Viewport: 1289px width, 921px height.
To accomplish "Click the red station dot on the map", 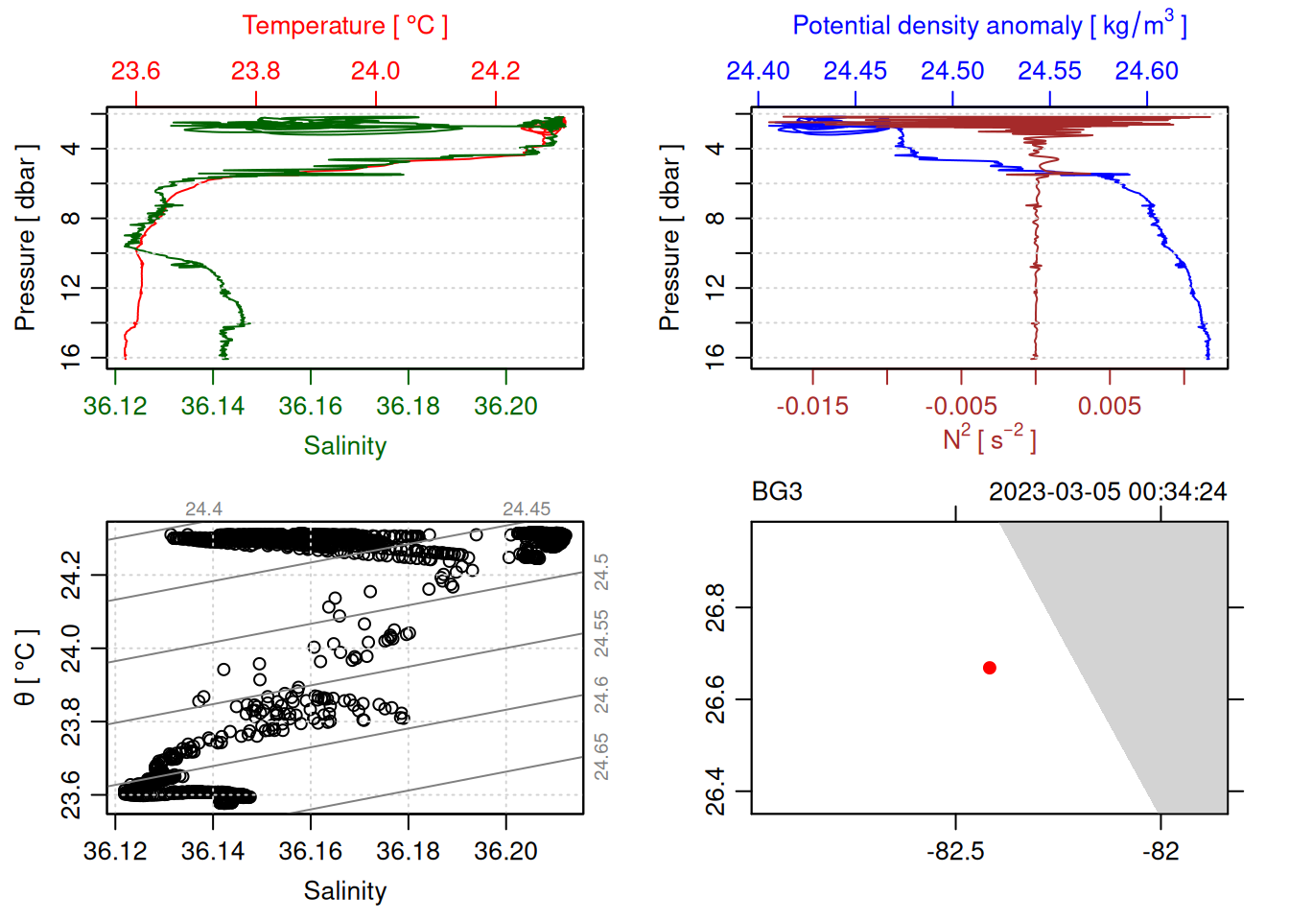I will pos(989,668).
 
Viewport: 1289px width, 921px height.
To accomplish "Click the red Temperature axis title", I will pos(344,26).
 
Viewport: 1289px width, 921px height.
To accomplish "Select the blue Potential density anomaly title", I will pos(989,26).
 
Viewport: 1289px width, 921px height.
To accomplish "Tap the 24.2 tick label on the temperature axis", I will pos(495,71).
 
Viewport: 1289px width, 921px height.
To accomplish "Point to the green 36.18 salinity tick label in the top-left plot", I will pos(408,406).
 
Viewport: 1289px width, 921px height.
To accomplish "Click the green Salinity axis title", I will pos(344,446).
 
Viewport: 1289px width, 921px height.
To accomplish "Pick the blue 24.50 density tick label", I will pos(952,71).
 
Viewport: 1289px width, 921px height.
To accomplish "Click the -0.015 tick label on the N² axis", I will pos(812,406).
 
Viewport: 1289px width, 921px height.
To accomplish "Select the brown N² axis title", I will pos(989,439).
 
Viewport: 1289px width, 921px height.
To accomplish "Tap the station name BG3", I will pos(777,492).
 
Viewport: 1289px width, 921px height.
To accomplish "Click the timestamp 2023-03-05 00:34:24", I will pos(1108,492).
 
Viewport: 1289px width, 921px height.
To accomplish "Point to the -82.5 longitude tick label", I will pos(955,851).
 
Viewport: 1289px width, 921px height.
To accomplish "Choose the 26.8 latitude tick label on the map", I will pos(715,607).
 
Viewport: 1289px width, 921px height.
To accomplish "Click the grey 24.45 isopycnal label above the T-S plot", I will pos(527,508).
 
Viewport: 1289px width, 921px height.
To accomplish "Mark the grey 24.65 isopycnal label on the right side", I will pos(601,756).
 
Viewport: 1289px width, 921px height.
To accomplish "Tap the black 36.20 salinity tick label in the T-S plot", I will pos(505,851).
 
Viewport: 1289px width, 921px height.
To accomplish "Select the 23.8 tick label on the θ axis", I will pos(71,721).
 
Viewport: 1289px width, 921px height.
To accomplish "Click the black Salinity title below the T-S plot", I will pos(344,891).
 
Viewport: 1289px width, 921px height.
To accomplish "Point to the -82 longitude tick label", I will pos(1160,851).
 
